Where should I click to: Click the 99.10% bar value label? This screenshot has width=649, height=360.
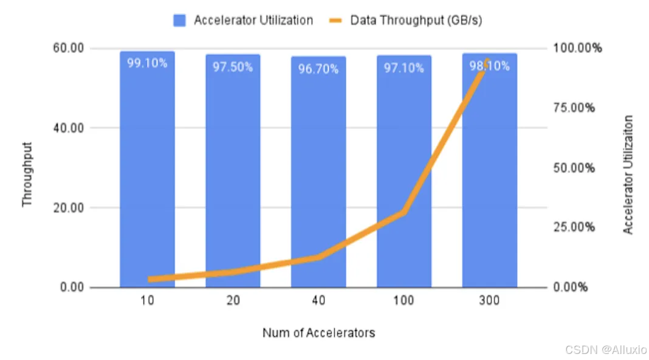147,63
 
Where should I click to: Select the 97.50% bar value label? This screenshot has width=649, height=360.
233,67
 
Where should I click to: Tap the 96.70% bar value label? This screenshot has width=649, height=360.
318,69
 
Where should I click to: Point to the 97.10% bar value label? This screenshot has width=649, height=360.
403,68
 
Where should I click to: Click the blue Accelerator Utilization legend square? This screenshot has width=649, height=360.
180,20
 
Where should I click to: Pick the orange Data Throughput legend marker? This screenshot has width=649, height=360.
335,20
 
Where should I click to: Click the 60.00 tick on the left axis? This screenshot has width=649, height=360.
68,48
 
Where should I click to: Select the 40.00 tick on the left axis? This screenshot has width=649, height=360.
68,128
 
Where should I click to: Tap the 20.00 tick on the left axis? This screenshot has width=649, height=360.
68,207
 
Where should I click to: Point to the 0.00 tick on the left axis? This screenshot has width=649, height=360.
72,287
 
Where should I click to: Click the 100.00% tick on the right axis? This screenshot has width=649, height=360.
577,48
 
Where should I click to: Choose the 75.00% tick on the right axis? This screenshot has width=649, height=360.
574,108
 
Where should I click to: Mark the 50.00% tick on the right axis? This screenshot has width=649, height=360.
574,168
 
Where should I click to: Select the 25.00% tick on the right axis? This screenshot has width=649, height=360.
574,227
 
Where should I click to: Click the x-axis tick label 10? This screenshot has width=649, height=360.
147,300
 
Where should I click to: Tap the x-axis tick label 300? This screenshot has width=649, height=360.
489,300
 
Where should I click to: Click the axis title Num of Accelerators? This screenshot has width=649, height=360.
318,333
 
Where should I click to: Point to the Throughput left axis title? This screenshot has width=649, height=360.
27,174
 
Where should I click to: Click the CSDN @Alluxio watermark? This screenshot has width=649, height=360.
606,350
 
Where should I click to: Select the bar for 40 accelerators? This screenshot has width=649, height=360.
318,172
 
